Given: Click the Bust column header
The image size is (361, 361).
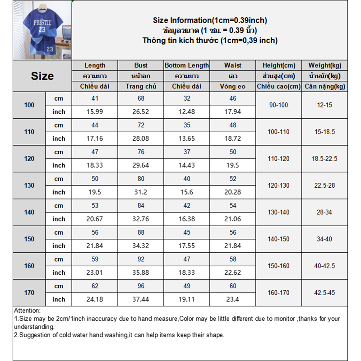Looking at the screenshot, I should [x=141, y=65].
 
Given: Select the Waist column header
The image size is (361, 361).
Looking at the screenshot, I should [x=232, y=65].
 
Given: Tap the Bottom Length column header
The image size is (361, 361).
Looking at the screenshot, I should [x=186, y=65].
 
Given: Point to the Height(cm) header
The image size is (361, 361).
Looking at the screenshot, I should [x=279, y=65].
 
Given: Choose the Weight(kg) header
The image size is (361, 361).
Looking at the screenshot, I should [x=324, y=65].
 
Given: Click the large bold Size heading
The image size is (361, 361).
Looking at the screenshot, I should [x=42, y=76].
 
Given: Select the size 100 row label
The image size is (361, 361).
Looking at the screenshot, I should [x=29, y=105].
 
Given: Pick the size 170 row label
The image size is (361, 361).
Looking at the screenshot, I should [x=29, y=293].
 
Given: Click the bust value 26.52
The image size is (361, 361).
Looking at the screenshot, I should [x=141, y=112].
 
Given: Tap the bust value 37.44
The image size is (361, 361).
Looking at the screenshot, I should [x=141, y=300].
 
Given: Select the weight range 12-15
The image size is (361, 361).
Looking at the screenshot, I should [x=324, y=105].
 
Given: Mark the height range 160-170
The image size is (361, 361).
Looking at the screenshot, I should [x=279, y=293].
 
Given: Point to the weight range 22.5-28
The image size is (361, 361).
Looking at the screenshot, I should [x=324, y=185].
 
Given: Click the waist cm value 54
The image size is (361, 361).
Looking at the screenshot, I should [x=232, y=206].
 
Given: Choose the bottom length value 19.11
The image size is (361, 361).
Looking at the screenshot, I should [x=187, y=300].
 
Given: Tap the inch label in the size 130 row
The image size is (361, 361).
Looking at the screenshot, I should [x=59, y=192].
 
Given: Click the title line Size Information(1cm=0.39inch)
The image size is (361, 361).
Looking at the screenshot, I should [x=210, y=20].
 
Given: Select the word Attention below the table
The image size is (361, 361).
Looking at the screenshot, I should [x=27, y=310].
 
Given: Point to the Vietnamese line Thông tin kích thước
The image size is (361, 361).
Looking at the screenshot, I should [x=210, y=41].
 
